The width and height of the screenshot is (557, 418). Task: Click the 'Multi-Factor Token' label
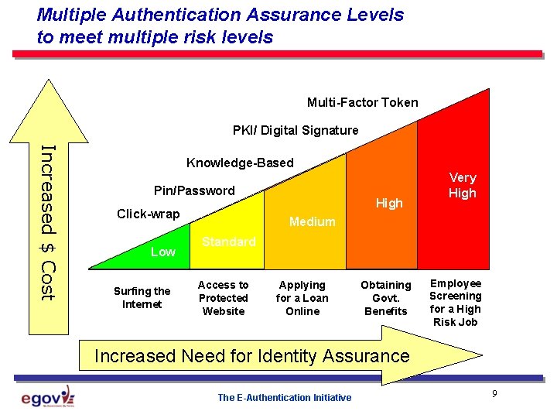click(x=362, y=102)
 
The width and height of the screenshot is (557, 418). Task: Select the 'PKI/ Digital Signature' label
click(x=296, y=130)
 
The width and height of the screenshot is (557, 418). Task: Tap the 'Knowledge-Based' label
click(x=240, y=163)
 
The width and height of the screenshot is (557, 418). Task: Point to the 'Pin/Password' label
click(x=194, y=190)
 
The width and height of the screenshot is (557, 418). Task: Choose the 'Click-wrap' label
click(x=148, y=214)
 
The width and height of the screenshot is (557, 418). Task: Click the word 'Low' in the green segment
click(x=162, y=252)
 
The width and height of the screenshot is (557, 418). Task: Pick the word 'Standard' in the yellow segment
click(x=228, y=242)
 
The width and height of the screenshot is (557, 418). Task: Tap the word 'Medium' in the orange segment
click(x=312, y=221)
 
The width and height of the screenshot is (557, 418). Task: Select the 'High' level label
click(x=389, y=203)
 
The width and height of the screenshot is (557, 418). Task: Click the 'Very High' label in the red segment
click(x=463, y=185)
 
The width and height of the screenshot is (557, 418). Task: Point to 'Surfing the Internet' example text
click(x=142, y=297)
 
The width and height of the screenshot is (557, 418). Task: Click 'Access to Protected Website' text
click(x=223, y=298)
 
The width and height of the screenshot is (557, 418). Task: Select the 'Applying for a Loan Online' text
click(x=302, y=298)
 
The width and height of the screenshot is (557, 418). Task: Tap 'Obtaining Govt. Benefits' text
click(x=385, y=298)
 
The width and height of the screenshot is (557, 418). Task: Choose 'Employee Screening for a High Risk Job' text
click(x=456, y=303)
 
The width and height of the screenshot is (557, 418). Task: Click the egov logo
click(x=48, y=398)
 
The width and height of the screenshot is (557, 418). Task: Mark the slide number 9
click(x=494, y=395)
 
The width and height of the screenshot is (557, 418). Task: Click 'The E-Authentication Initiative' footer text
click(x=284, y=398)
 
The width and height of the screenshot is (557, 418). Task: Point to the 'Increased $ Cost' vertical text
click(x=47, y=222)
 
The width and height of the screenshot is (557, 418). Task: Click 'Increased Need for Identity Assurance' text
click(x=251, y=356)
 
